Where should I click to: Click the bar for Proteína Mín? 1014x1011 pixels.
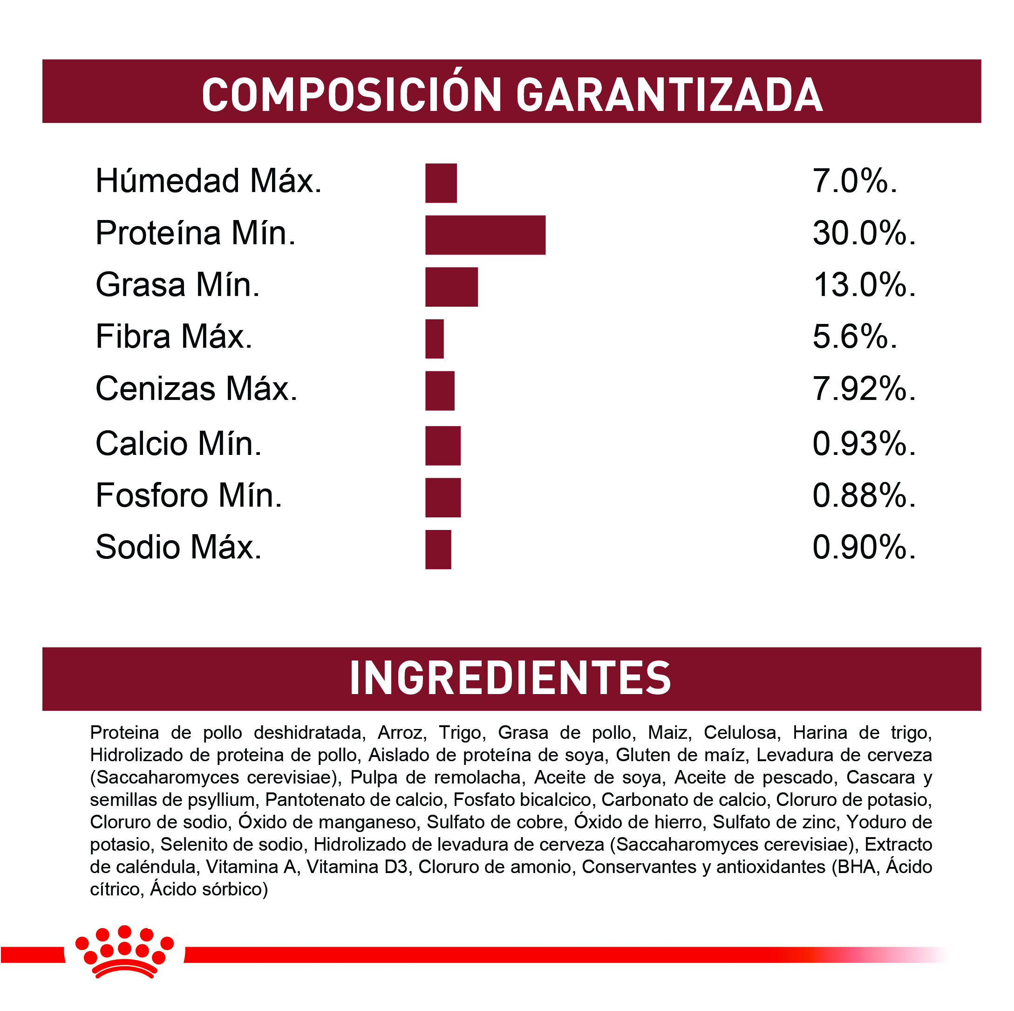pos(485,235)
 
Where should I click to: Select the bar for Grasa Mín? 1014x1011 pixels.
pos(451,287)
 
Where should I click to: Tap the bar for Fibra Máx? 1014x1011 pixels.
pos(434,339)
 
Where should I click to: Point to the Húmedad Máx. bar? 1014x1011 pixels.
pos(441,183)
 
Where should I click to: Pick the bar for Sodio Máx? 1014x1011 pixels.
pos(438,550)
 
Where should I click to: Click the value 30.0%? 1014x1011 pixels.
pos(864,233)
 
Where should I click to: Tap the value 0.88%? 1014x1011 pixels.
pos(864,495)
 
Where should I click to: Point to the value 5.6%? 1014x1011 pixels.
pos(854,337)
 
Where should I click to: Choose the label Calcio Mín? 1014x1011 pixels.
pos(178,443)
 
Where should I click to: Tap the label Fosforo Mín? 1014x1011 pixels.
pos(189,495)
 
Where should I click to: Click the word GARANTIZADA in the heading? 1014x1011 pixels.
pos(669,95)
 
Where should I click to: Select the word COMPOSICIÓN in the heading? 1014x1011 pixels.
pos(352,95)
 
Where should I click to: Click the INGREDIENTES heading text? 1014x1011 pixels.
pos(510,678)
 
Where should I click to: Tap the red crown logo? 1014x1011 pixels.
pos(124,952)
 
